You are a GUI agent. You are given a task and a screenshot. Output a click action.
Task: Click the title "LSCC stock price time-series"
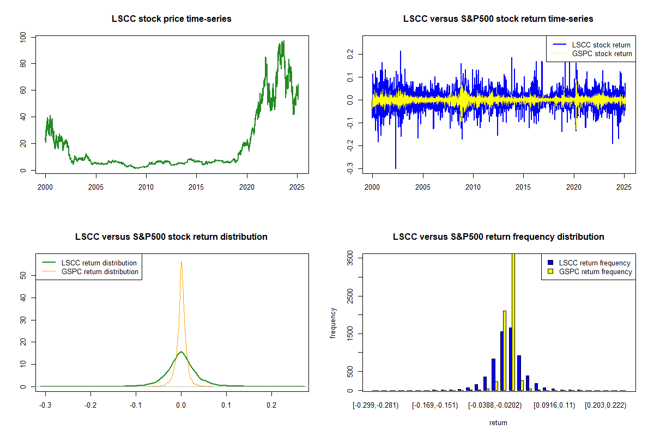(x=171, y=19)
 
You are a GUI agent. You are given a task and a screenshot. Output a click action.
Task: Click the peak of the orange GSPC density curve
(x=181, y=262)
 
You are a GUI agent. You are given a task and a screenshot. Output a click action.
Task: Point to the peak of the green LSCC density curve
(x=181, y=352)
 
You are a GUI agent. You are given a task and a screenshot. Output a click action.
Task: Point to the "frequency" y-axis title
(x=334, y=323)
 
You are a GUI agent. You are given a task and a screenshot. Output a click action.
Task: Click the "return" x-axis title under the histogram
(x=498, y=422)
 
